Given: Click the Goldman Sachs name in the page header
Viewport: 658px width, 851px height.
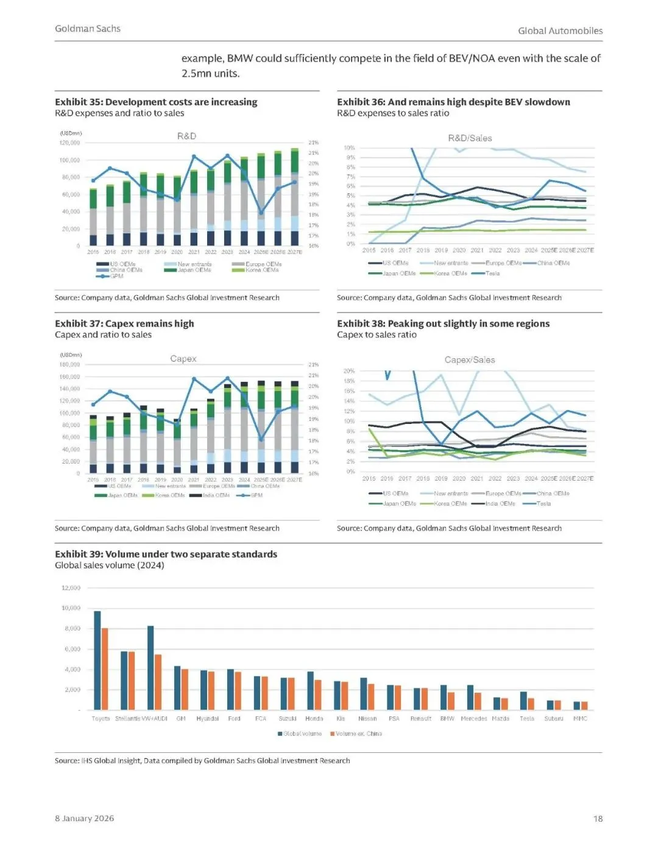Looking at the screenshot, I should (x=88, y=29).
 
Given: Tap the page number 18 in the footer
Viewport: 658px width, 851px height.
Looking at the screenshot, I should (x=598, y=819).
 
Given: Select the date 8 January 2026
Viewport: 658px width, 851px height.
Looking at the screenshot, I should (x=84, y=818).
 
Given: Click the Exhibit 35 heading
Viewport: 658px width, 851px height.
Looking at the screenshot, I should (x=156, y=102).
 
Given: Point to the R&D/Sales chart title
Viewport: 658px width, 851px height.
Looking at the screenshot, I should (x=470, y=138).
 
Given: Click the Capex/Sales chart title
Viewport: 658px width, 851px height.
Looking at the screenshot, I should (x=469, y=360).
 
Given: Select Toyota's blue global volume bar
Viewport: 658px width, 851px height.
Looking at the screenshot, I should (x=97, y=660).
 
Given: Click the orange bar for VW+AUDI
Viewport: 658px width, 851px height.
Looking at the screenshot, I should (x=158, y=682).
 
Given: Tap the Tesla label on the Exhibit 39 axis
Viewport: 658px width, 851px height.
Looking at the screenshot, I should (x=527, y=719).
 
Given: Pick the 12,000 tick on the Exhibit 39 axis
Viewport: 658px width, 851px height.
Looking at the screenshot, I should (x=71, y=588).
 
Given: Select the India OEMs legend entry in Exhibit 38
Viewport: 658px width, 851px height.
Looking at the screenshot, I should (x=500, y=504).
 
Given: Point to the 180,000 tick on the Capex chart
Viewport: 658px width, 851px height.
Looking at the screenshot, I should (x=70, y=364).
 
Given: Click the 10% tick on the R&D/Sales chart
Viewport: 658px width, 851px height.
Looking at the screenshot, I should (x=349, y=148).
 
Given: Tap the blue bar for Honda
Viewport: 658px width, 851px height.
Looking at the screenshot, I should (x=311, y=691).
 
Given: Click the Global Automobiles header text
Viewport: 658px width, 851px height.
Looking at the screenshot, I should (x=560, y=30).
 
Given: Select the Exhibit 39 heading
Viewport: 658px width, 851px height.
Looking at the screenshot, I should (x=166, y=554).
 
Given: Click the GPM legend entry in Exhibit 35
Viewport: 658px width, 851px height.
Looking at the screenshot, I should (x=116, y=276).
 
